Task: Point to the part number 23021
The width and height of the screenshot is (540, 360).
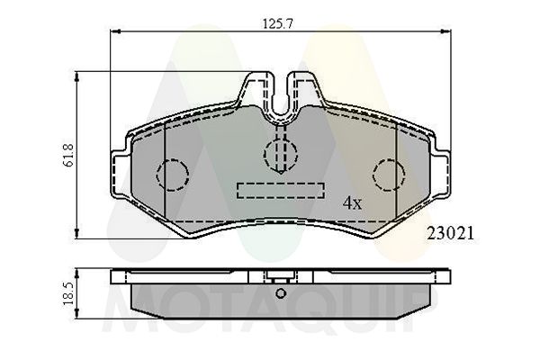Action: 450,231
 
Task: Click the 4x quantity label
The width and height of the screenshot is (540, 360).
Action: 351,203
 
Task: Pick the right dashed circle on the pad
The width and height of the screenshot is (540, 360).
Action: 388,173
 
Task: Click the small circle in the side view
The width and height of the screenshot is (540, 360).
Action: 280,293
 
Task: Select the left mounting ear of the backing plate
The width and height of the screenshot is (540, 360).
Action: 118,171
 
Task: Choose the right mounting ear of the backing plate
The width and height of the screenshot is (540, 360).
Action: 442,171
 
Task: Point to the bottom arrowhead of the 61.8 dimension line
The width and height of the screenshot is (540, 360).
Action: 76,238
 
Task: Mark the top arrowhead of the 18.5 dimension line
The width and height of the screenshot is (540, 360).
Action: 76,270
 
